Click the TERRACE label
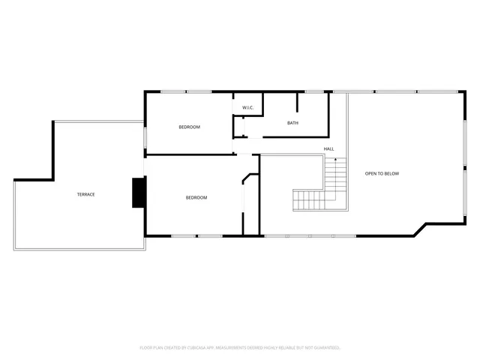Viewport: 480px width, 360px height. coord(85,194)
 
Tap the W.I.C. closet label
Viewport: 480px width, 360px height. coord(248,108)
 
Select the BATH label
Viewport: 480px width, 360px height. coord(292,123)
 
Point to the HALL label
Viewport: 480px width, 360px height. coord(328,149)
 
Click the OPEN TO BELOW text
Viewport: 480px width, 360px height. coord(382,174)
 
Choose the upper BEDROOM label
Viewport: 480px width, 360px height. coord(189,127)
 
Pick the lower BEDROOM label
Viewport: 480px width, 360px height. coord(196,197)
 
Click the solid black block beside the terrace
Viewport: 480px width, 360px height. coord(139,192)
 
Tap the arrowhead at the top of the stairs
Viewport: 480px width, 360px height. coord(336,160)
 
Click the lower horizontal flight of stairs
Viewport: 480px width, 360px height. coord(309,200)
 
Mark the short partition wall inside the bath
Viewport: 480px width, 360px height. coord(298,102)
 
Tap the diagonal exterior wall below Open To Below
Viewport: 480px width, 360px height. coord(420,229)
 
